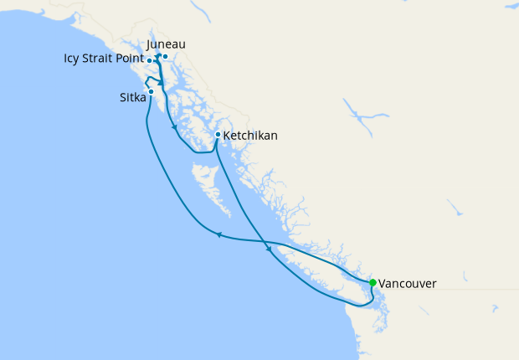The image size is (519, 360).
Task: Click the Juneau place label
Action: [x=166, y=44]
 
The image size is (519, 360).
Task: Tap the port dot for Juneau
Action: [x=166, y=57]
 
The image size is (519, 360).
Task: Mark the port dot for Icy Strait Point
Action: [x=149, y=61]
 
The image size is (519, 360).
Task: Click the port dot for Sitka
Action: [x=151, y=91]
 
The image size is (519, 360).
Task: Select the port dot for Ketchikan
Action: [x=218, y=134]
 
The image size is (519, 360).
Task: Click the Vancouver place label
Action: [x=407, y=284]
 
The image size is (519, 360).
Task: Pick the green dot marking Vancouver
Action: [x=373, y=282]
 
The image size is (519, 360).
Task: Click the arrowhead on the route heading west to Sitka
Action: [x=218, y=234]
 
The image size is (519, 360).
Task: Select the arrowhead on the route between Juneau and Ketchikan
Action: [x=173, y=127]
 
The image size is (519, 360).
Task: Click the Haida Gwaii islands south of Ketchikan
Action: [x=205, y=180]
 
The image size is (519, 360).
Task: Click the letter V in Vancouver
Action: [x=383, y=284]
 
